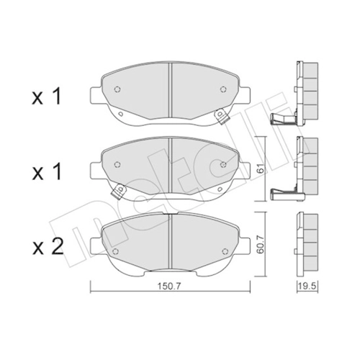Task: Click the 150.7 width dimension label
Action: [x=168, y=286]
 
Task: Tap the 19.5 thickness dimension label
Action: [x=308, y=286]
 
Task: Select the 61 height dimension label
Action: [x=261, y=170]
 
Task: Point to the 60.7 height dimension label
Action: [x=261, y=244]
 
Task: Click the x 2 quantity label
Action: [x=48, y=247]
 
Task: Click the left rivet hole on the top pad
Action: [x=117, y=89]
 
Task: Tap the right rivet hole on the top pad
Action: [x=223, y=89]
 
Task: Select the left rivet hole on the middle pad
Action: [x=117, y=164]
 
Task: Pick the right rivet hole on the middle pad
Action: [x=223, y=164]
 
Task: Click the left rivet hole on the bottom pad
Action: [x=115, y=251]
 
